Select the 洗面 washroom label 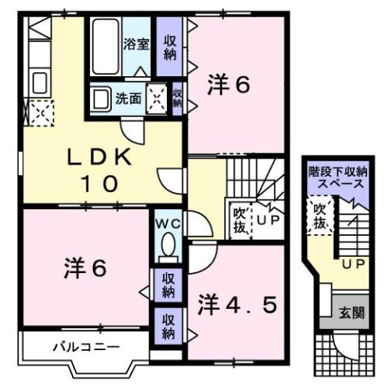pyautogui.click(x=128, y=100)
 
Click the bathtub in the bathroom pyautogui.click(x=104, y=46)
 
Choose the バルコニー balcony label pyautogui.click(x=87, y=346)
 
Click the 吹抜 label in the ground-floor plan pyautogui.click(x=320, y=215)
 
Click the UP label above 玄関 pyautogui.click(x=352, y=266)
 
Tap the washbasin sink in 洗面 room pyautogui.click(x=102, y=100)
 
